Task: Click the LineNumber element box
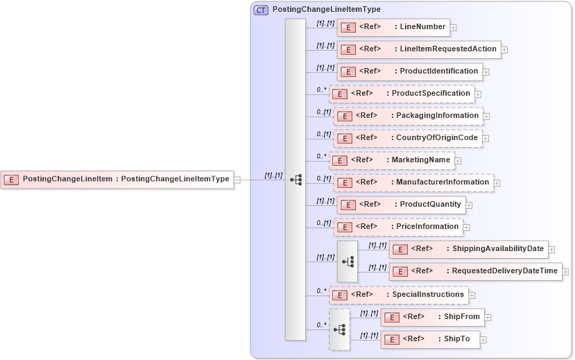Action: [x=393, y=28]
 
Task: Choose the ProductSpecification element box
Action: [x=401, y=94]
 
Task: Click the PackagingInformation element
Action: [x=408, y=116]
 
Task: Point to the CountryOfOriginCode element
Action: [x=408, y=138]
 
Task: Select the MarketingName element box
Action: [x=391, y=160]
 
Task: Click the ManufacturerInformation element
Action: [x=413, y=182]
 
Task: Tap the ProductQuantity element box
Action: [x=400, y=205]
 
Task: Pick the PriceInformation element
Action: [x=398, y=227]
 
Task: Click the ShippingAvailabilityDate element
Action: [x=469, y=249]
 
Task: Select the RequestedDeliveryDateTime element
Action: [x=475, y=271]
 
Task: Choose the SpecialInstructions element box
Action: [x=398, y=295]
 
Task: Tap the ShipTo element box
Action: [x=429, y=339]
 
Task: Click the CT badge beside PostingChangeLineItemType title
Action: [x=261, y=10]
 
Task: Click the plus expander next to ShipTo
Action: [x=483, y=340]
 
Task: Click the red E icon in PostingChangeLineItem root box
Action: [x=11, y=179]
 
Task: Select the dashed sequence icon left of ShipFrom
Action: [x=339, y=329]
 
